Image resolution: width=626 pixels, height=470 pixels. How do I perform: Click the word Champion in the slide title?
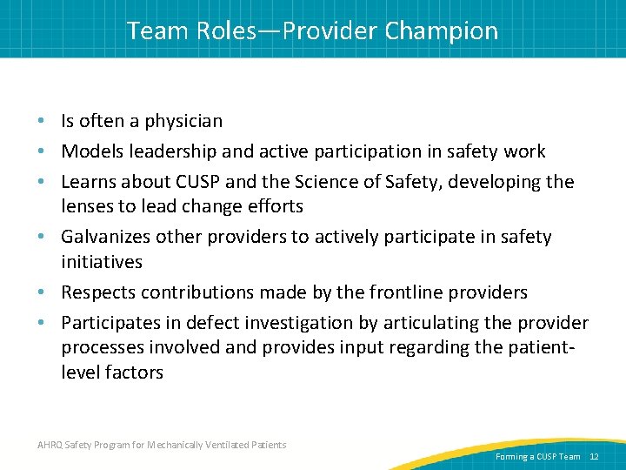tap(442, 31)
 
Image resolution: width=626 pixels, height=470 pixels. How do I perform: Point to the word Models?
tap(93, 151)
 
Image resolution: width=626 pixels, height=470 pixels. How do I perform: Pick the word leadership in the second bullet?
tap(173, 151)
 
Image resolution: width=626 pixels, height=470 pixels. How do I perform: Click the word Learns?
tap(90, 181)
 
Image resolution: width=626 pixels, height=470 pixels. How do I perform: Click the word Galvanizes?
tap(108, 237)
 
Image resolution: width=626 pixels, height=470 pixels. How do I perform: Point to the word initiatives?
tap(102, 261)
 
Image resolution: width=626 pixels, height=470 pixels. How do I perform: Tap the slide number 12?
tap(594, 456)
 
